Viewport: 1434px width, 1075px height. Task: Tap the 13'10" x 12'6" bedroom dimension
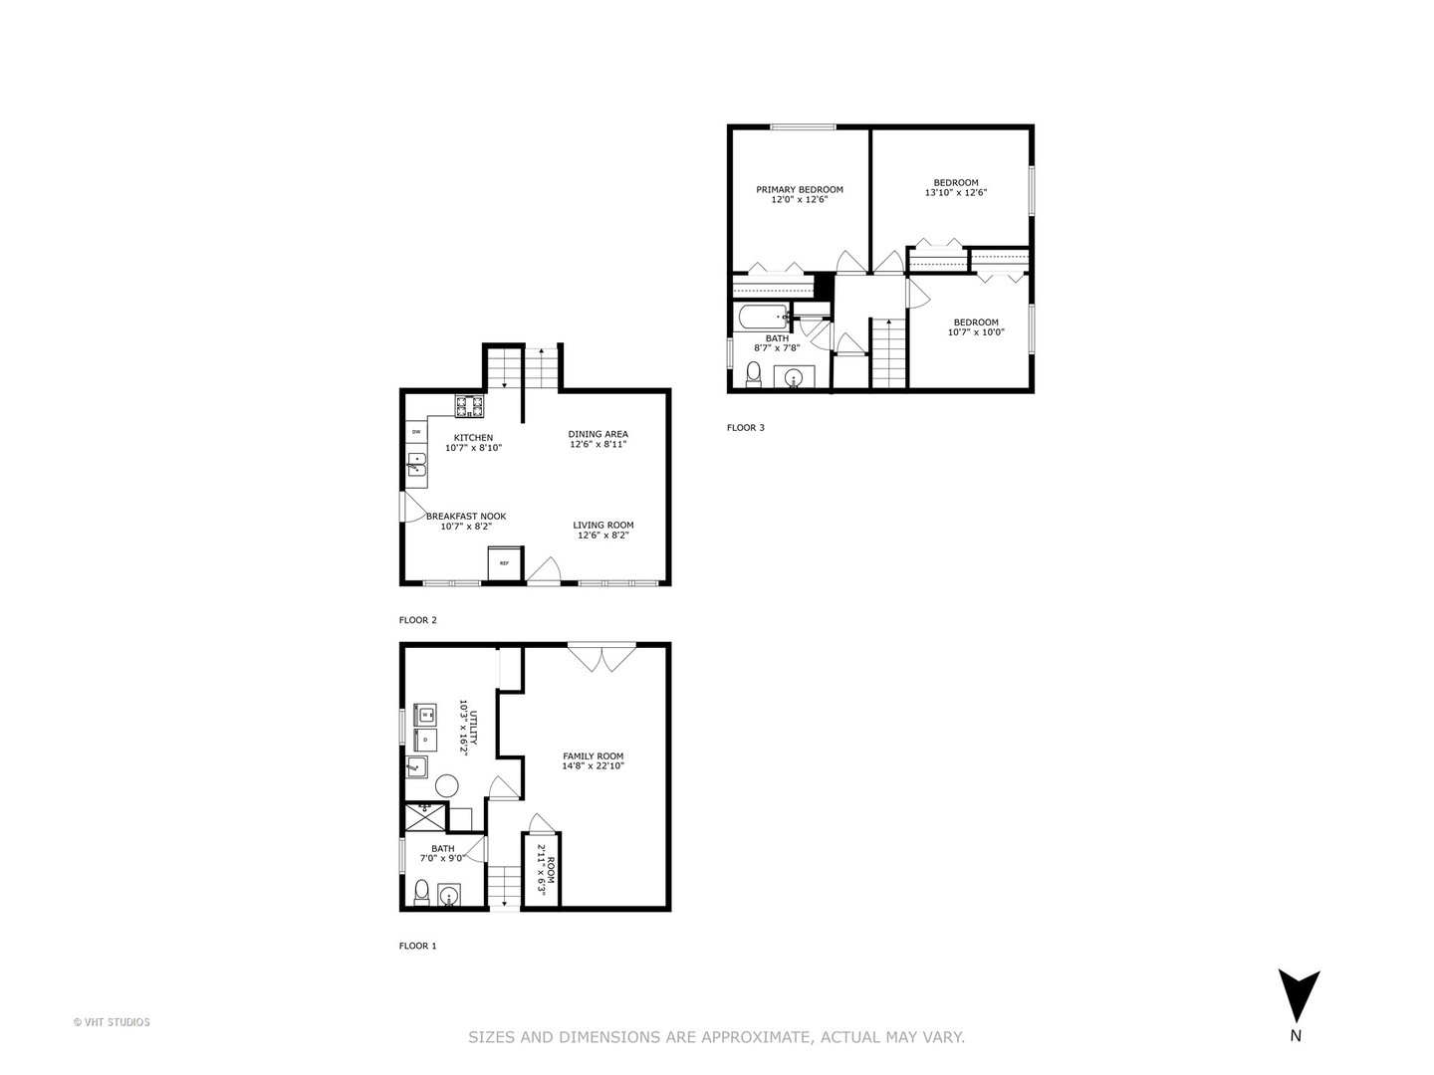(x=956, y=192)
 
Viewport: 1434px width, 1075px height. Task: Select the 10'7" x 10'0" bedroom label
(x=975, y=327)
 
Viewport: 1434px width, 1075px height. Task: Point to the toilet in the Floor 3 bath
(x=754, y=374)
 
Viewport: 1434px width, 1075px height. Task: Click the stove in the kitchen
(x=470, y=406)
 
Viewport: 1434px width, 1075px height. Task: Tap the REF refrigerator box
(x=504, y=562)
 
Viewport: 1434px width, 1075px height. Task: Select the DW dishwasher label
(x=416, y=432)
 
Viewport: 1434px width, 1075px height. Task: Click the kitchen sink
(x=416, y=465)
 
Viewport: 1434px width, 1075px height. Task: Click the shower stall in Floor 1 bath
(x=424, y=818)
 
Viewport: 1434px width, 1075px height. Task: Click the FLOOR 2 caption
(x=417, y=620)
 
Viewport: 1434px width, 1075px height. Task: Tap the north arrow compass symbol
(x=1299, y=996)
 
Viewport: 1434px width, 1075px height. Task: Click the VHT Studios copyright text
(x=112, y=1021)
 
